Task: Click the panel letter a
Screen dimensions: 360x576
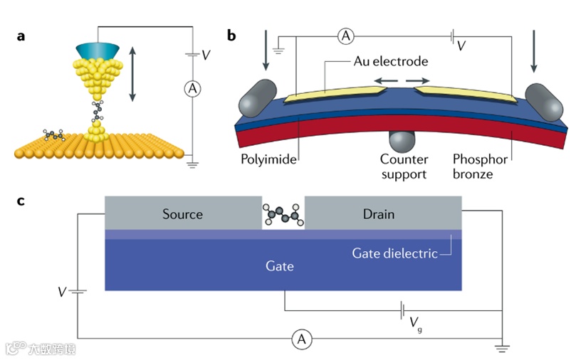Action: tap(22, 35)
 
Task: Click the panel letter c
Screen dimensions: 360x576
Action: tap(21, 201)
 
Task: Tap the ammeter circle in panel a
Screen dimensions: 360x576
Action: tap(192, 88)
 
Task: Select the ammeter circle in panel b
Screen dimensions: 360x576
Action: tap(345, 36)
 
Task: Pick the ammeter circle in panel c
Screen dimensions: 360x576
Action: tap(302, 340)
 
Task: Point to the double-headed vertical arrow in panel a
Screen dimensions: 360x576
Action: tap(132, 73)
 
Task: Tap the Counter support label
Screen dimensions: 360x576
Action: tap(404, 165)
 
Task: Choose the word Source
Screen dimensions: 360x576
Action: tap(182, 213)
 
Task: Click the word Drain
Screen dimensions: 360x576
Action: tap(378, 213)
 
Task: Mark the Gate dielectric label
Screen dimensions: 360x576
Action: tap(394, 253)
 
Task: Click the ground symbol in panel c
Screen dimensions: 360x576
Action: tap(503, 349)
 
